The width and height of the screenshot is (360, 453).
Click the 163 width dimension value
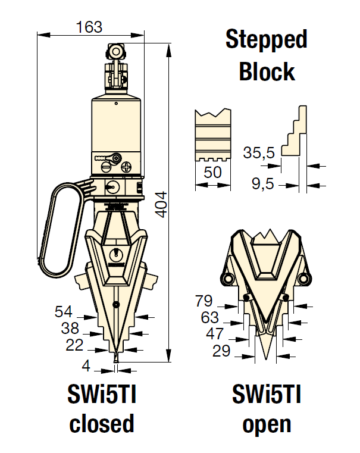click(x=89, y=27)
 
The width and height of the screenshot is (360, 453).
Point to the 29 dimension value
click(x=221, y=351)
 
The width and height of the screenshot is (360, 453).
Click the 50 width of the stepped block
click(x=212, y=173)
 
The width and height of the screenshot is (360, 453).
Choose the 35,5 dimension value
click(x=259, y=153)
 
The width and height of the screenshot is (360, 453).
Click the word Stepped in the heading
click(x=266, y=40)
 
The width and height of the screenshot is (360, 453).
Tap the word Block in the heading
click(x=267, y=71)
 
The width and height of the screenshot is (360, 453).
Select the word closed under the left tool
click(x=102, y=424)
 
